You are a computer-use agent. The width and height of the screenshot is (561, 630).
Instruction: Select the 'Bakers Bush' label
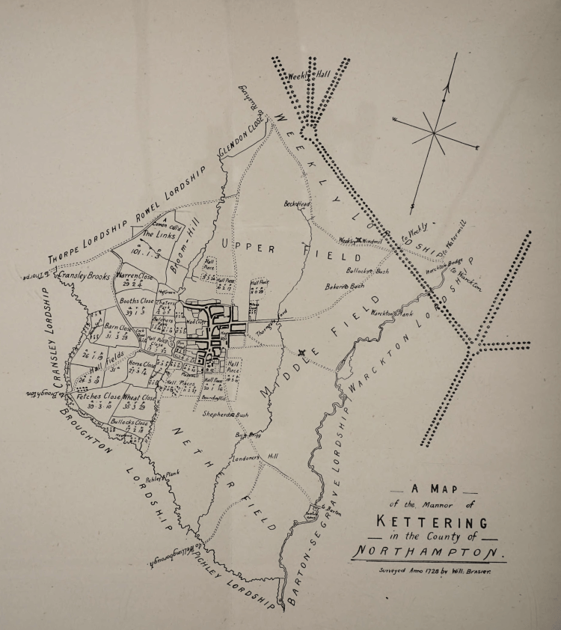click(345, 286)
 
